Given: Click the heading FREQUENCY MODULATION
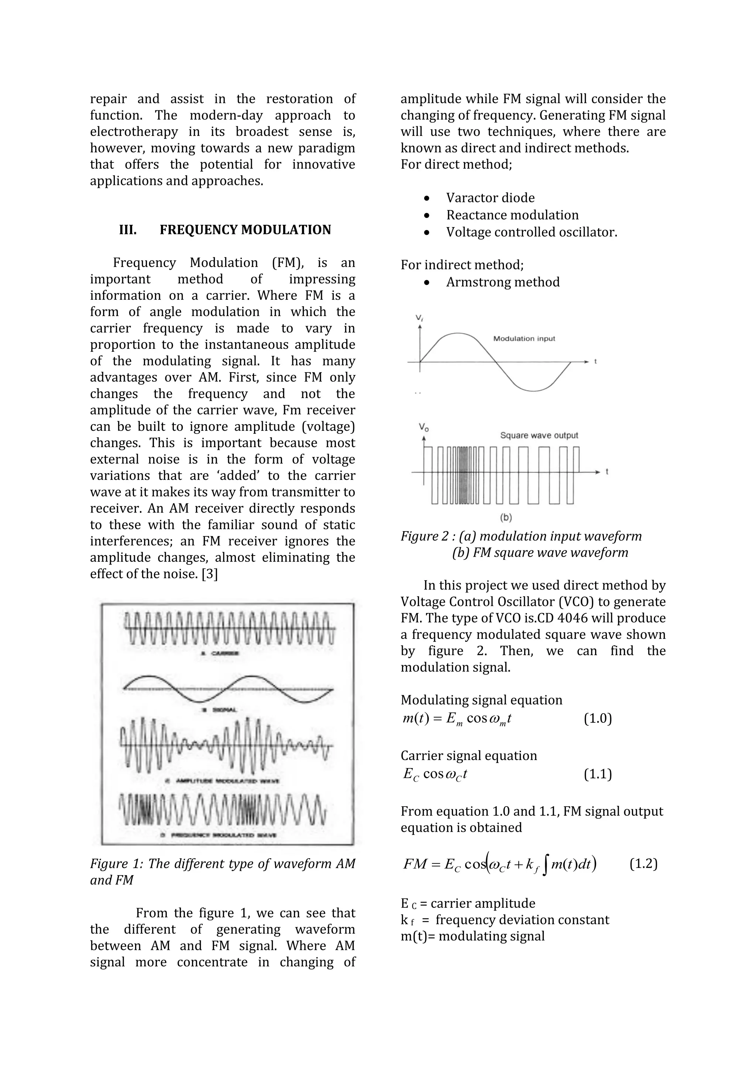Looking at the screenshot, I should click(245, 230).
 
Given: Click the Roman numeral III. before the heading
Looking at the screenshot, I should click(128, 230).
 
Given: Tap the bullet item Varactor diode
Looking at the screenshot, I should click(490, 198).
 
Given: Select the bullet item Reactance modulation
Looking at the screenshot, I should click(512, 215).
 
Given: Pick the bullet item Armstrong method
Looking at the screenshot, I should click(503, 282).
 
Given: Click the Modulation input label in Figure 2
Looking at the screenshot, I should click(524, 338).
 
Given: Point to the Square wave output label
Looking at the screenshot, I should click(539, 435).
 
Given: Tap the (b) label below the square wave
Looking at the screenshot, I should click(506, 517).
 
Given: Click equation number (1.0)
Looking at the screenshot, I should click(598, 718).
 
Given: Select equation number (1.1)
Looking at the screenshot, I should click(598, 774).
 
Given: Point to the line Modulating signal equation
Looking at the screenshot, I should click(481, 700).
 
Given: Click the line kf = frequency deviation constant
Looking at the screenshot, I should click(505, 920).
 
